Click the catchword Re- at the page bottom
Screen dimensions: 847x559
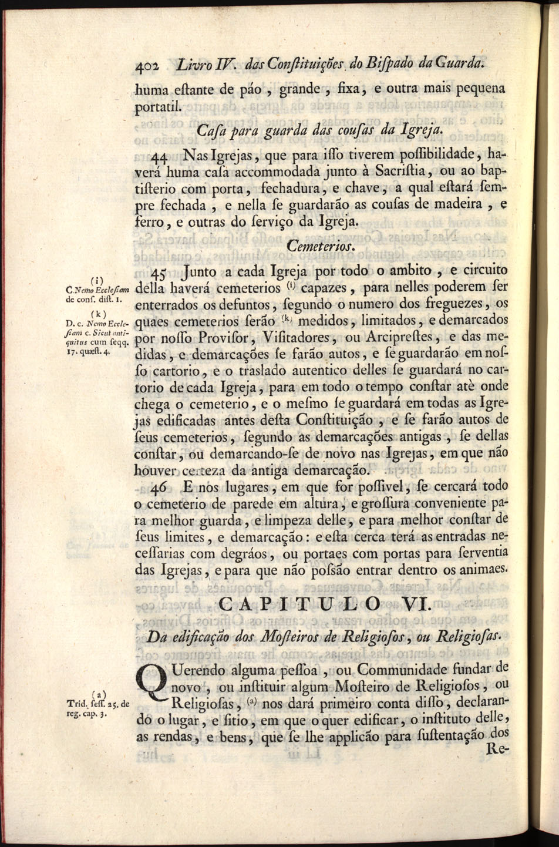tap(497, 750)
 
